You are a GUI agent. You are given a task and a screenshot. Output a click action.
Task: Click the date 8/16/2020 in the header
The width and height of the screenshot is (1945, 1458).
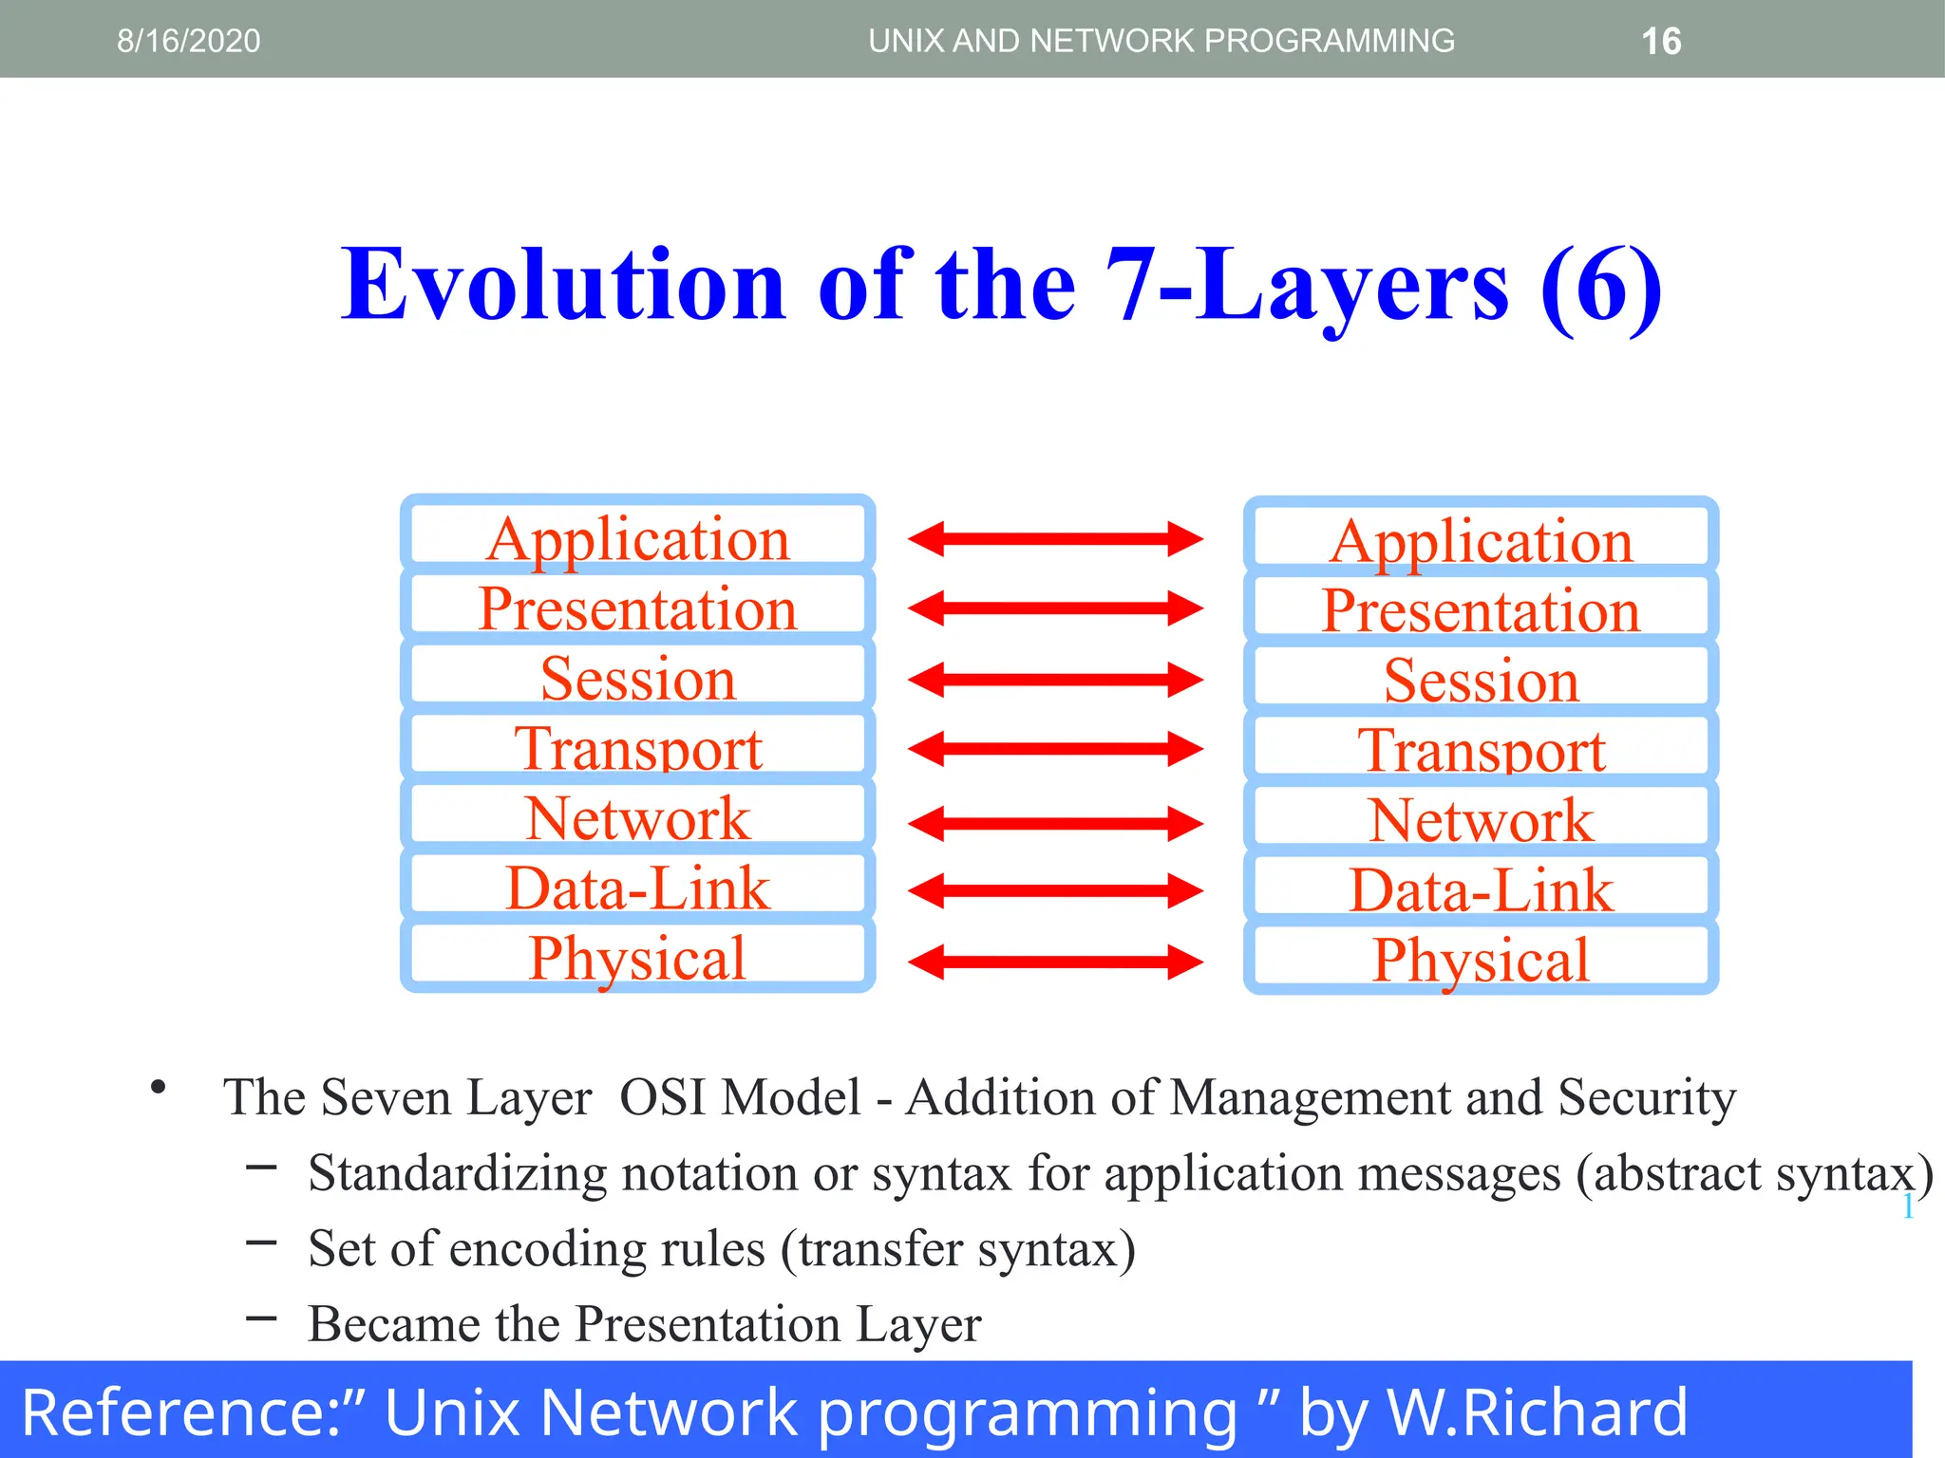click(x=188, y=41)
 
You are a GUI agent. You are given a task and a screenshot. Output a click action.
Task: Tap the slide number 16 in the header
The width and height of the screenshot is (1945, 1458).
click(x=1661, y=42)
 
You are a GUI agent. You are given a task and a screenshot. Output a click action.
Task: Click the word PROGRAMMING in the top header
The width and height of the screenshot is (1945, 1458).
click(x=1330, y=41)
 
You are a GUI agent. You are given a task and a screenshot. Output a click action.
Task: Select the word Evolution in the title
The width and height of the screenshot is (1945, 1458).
click(x=562, y=285)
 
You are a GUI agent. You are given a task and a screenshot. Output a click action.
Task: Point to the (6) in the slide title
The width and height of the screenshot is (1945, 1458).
click(x=1601, y=285)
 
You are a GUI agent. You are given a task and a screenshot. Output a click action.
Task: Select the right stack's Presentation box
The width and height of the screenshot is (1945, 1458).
click(x=1481, y=609)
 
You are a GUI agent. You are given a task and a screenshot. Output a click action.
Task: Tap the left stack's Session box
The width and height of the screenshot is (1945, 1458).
click(x=637, y=678)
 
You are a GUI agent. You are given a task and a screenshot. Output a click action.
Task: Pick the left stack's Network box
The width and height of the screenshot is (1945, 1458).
click(x=637, y=817)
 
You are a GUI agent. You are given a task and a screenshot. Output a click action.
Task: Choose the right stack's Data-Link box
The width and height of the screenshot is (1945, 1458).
click(x=1481, y=889)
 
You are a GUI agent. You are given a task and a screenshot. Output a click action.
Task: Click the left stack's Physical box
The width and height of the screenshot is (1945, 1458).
click(x=637, y=957)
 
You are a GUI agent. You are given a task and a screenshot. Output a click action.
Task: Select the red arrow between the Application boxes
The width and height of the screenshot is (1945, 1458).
click(x=1055, y=539)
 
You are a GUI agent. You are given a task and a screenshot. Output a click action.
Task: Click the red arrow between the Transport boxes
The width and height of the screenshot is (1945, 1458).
click(x=1055, y=749)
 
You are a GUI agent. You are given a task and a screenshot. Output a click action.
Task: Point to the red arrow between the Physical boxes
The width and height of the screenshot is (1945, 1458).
click(x=1055, y=962)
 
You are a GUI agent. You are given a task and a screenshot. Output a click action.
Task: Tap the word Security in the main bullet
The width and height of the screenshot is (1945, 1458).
click(x=1647, y=1097)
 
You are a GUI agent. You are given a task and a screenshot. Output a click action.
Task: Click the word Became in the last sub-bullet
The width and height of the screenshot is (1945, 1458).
click(x=393, y=1323)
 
